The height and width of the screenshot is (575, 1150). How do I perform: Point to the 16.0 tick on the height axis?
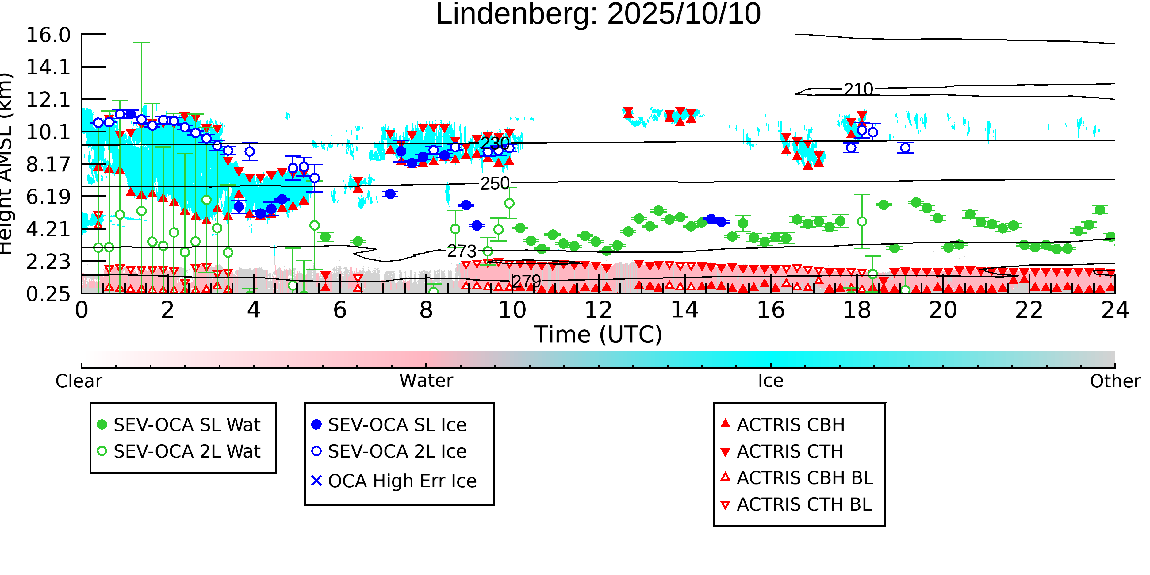(x=48, y=35)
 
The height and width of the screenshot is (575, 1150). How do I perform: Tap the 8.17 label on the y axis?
(x=48, y=165)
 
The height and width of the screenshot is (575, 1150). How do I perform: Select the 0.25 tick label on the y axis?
(x=48, y=294)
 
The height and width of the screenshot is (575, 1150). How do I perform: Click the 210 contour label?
(x=858, y=89)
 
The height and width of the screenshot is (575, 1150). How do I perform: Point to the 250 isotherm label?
(x=495, y=183)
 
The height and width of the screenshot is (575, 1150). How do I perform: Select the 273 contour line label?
(x=462, y=251)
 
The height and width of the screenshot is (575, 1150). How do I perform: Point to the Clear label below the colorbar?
(x=79, y=381)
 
